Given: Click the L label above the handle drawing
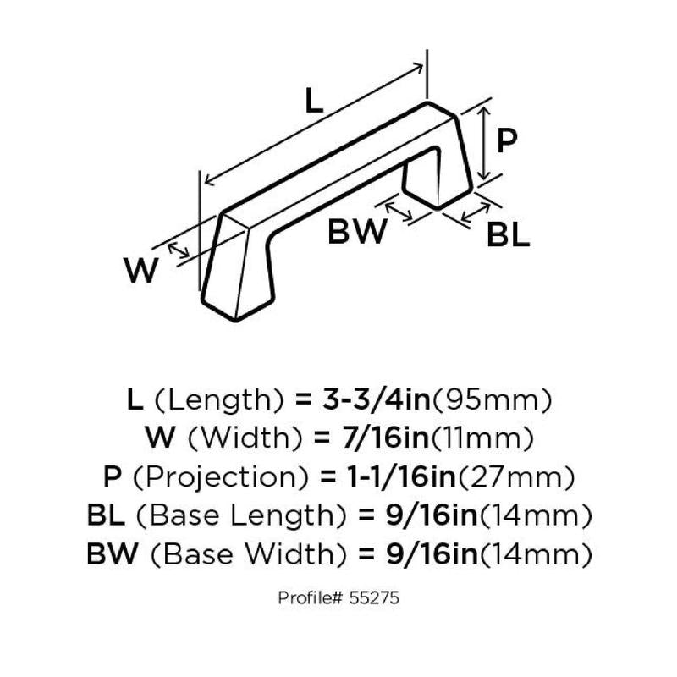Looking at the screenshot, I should pos(314,102).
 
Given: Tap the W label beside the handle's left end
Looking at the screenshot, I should pos(141,272).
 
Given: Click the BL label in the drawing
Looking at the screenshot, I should pos(508,234).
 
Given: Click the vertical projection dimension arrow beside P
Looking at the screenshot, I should pos(483,140).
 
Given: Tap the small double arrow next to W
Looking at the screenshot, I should pos(179,250).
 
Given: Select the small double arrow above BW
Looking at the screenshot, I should pos(399,209).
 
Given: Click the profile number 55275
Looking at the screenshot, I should pos(372,597).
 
